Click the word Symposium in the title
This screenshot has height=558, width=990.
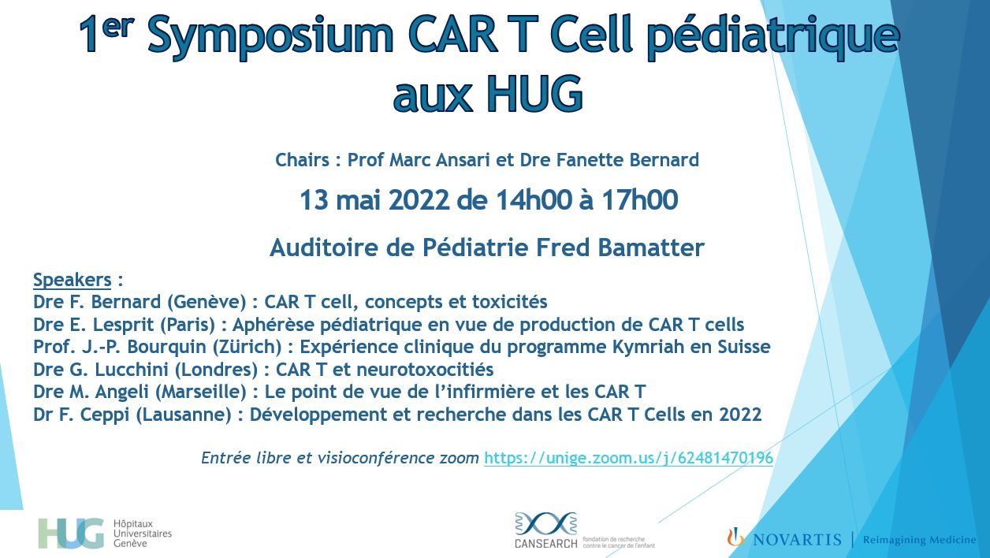pos(270,36)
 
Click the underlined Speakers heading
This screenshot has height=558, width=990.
pos(72,280)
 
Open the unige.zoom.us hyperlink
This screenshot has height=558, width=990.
pos(628,458)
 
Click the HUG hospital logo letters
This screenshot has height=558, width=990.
pos(71,534)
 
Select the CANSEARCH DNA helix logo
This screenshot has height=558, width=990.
pos(545,524)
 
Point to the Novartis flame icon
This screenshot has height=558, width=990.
pos(735,537)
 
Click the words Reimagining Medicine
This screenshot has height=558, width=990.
pos(919,539)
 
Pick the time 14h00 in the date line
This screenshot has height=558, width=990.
pos(534,199)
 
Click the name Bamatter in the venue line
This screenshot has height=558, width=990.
pos(650,247)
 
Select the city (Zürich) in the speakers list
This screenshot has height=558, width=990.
pos(247,348)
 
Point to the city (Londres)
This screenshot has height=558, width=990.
pos(216,370)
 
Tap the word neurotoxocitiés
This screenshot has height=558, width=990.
pos(424,370)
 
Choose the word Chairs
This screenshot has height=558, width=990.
pos(302,160)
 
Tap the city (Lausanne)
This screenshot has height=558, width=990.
pos(184,415)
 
